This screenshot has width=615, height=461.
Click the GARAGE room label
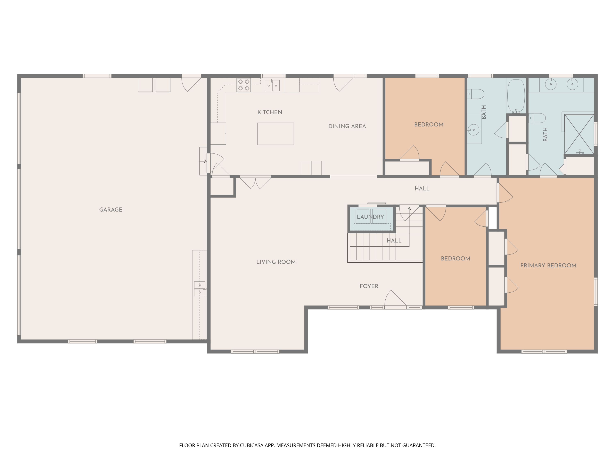111,210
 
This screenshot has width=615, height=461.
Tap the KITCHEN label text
270,112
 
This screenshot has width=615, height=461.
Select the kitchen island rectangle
276,134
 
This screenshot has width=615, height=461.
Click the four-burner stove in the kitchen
244,85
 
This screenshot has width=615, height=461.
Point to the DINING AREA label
347,126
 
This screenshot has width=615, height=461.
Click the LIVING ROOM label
276,262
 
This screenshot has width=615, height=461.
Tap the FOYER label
369,286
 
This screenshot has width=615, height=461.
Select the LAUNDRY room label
370,217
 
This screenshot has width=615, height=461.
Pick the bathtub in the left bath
516,96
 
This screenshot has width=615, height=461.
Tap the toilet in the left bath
476,94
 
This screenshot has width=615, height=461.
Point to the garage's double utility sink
200,289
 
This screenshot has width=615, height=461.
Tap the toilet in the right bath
537,118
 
